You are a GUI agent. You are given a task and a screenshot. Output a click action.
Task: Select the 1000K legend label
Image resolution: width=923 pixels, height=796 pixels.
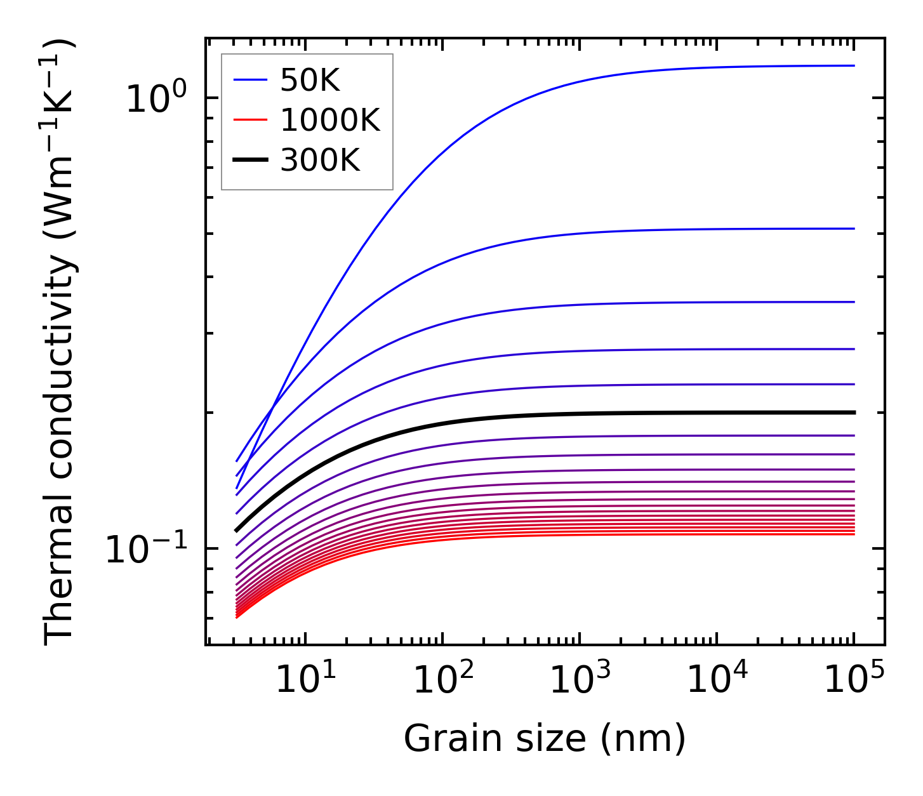click(x=330, y=121)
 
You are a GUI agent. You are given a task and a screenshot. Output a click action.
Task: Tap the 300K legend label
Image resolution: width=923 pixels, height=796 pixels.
click(x=320, y=161)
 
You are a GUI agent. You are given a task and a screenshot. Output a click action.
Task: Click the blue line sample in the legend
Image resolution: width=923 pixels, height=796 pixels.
click(x=250, y=80)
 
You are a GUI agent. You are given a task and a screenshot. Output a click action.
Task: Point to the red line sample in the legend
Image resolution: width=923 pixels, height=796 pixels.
click(x=250, y=121)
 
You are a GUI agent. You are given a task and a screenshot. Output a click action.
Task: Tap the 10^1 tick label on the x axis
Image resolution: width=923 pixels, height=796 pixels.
click(x=307, y=679)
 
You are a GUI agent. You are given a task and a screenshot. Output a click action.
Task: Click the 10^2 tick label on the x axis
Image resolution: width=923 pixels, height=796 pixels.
click(x=444, y=679)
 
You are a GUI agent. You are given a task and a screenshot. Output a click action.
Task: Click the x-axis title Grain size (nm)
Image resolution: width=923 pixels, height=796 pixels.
click(x=545, y=739)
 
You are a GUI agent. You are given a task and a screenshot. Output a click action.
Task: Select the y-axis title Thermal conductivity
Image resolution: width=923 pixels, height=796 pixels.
click(x=60, y=343)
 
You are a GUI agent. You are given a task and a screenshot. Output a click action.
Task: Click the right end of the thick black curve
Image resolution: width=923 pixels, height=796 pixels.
click(x=854, y=413)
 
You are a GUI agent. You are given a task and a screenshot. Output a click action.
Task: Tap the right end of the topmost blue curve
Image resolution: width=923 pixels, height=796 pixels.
click(x=854, y=65)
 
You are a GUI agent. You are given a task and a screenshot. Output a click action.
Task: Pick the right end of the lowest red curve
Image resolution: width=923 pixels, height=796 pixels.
click(x=854, y=534)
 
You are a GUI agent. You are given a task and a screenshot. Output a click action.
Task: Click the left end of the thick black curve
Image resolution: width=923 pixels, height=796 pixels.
click(x=236, y=530)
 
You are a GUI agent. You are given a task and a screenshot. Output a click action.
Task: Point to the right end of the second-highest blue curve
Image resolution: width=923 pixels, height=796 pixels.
click(x=854, y=229)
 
